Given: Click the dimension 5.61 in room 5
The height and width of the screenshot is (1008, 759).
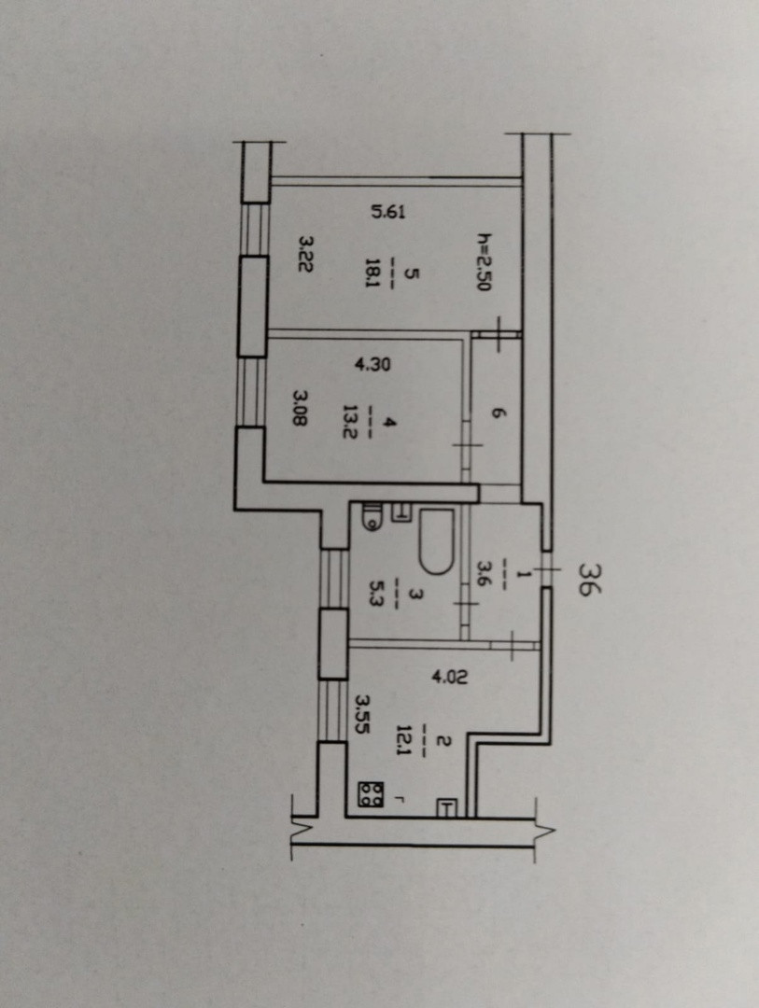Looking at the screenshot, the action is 388,212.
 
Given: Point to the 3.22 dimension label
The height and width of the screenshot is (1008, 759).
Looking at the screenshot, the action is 304,253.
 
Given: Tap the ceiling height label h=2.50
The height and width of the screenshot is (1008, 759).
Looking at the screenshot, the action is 483,262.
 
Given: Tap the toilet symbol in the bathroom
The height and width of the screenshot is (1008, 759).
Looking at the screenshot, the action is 371,517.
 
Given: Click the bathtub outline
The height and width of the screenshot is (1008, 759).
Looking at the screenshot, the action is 435,540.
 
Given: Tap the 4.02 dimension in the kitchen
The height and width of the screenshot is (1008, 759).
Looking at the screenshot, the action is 447,675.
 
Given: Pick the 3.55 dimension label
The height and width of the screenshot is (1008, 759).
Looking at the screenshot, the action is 364,712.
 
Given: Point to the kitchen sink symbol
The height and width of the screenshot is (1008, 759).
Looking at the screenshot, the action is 447,808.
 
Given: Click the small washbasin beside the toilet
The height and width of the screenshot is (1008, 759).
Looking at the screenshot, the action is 403,511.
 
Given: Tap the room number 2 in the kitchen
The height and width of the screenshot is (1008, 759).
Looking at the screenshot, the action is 443,742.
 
